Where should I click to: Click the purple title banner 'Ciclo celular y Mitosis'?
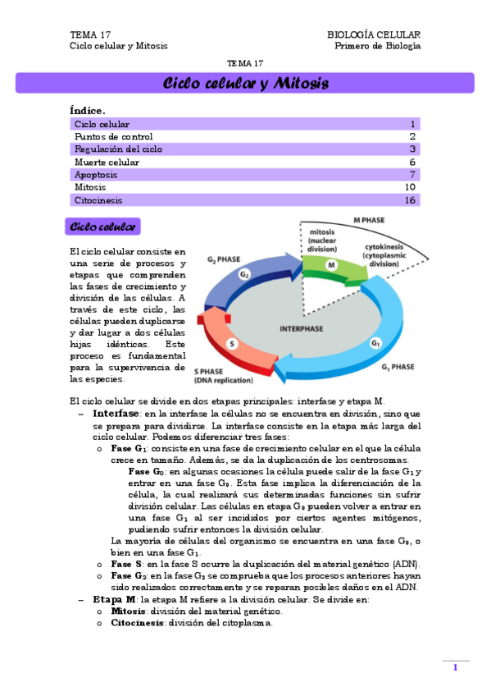(245, 83)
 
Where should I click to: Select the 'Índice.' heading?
(88, 110)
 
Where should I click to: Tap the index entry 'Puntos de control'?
(113, 136)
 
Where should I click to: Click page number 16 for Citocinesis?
(411, 200)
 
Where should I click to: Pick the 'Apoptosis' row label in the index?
(96, 175)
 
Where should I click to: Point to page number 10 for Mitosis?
(411, 187)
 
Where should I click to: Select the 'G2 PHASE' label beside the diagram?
(223, 260)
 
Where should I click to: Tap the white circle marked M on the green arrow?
(331, 265)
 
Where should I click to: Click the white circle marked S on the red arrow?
(232, 343)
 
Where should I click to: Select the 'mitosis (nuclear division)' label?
(322, 240)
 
